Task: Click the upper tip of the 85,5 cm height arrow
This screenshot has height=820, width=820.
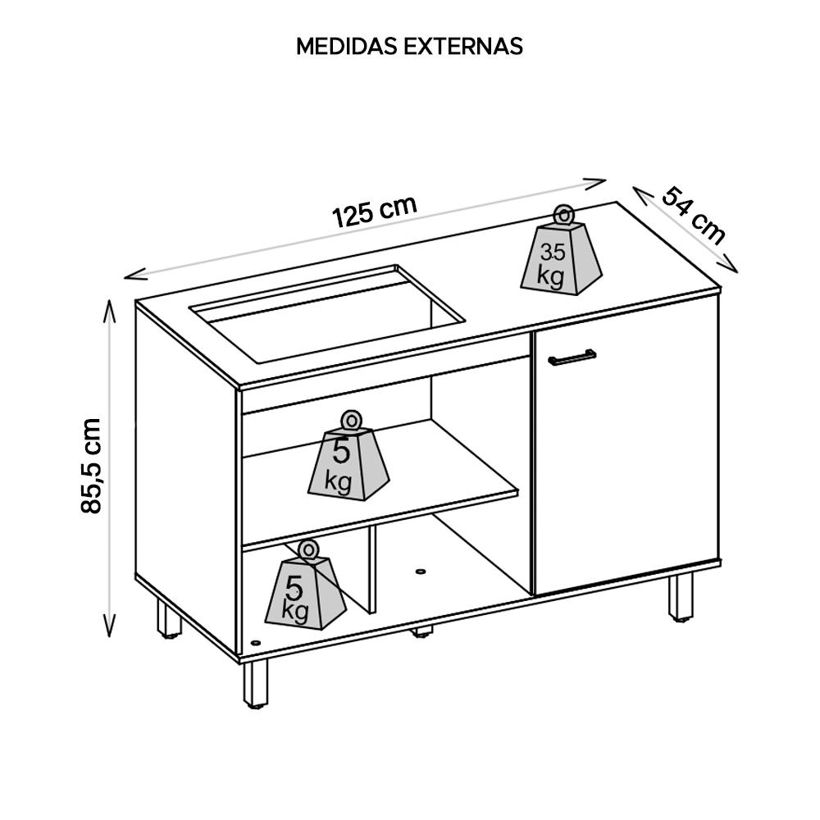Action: coord(110,299)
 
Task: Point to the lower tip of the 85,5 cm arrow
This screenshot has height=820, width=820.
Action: coord(110,637)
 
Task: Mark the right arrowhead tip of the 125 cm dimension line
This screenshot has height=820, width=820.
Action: coord(606,181)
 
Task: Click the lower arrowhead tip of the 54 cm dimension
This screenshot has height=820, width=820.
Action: coord(737,273)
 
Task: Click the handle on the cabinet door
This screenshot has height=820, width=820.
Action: coord(572,357)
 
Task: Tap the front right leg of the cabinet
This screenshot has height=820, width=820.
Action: coord(681,597)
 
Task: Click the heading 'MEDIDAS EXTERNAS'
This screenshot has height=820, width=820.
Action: coord(409,47)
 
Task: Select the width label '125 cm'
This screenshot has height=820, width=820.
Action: coord(375,212)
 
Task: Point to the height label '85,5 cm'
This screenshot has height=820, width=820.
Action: coord(91,466)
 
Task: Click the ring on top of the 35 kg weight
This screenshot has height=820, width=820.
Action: coord(563,215)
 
